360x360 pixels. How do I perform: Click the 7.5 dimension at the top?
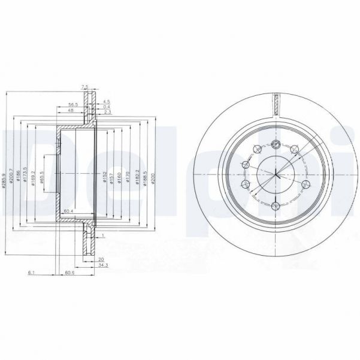click(85, 86)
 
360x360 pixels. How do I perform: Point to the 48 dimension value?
click(70, 111)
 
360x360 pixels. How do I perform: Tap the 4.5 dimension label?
click(107, 101)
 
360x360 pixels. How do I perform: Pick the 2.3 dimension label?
click(107, 112)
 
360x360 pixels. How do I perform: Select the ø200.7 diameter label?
click(12, 177)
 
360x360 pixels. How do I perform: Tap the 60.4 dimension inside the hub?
click(68, 211)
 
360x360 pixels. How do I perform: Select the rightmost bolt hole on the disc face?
click(305, 184)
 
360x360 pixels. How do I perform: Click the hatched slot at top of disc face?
click(276, 102)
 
